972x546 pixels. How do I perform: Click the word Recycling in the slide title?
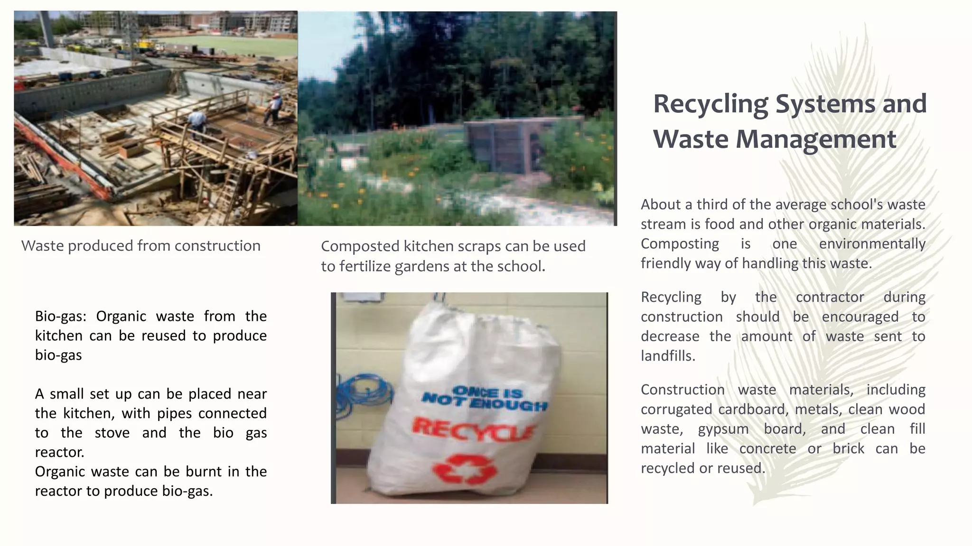click(710, 104)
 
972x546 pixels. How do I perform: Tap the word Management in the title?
click(815, 139)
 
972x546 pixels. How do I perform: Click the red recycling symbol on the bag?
click(465, 469)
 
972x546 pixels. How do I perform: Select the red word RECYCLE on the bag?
click(472, 429)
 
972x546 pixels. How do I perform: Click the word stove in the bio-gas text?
click(112, 433)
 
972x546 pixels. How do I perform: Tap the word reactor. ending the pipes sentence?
click(60, 452)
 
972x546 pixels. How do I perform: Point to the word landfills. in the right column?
click(668, 356)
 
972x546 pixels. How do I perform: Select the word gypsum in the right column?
click(723, 429)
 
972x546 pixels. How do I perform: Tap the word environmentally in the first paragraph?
click(872, 244)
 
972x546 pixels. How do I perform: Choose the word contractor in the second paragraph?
click(830, 297)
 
